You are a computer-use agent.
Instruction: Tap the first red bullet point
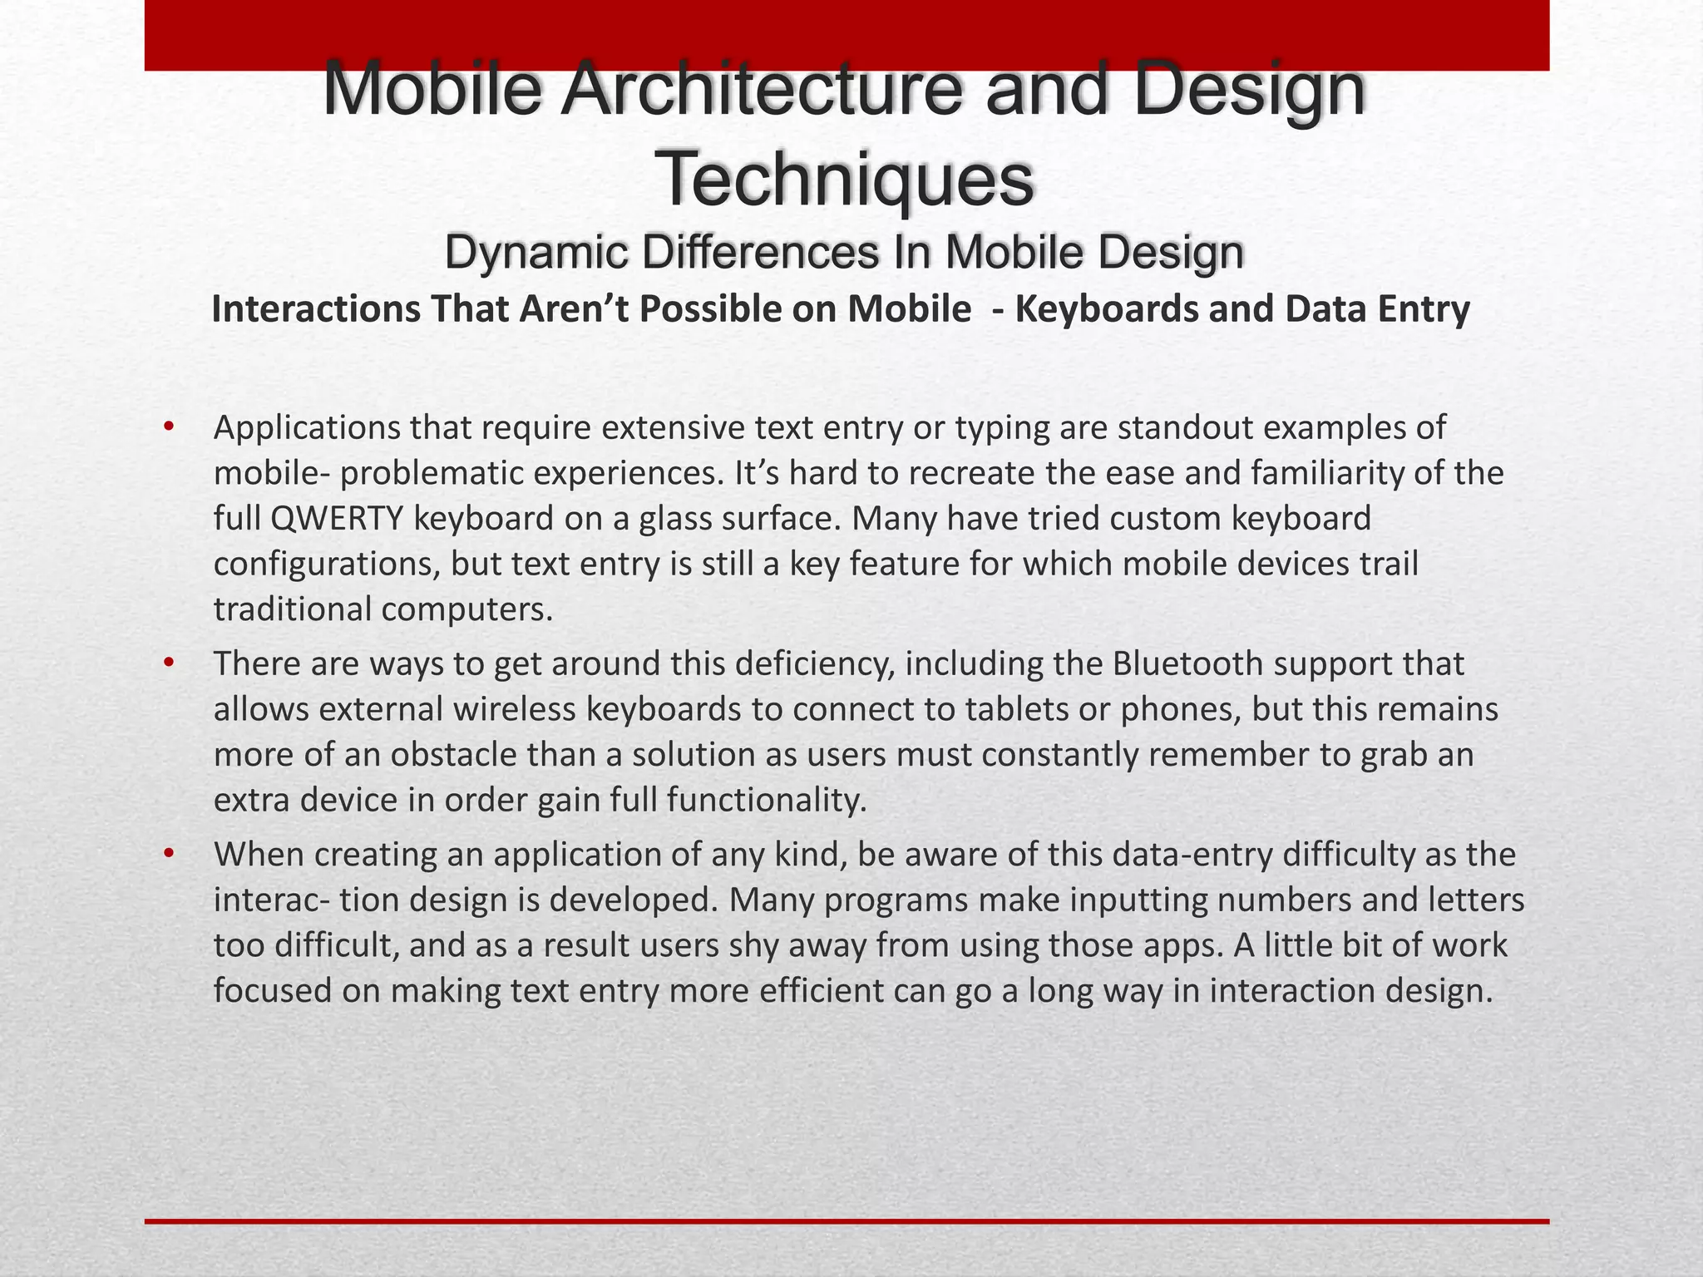click(x=169, y=428)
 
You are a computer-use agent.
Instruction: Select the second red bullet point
click(x=169, y=664)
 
